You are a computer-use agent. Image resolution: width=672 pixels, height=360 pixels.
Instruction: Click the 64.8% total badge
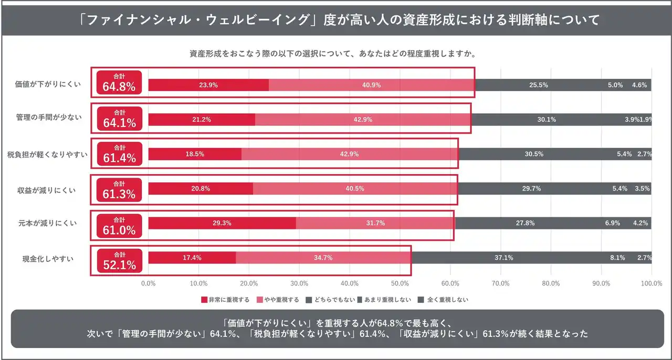click(119, 82)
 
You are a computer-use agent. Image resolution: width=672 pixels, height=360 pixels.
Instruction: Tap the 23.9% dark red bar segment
click(208, 85)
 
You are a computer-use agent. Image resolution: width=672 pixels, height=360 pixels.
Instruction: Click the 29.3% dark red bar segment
click(222, 223)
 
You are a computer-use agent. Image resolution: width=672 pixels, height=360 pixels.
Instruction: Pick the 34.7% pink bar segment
click(323, 258)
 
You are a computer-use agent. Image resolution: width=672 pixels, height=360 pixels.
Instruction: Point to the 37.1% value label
click(503, 258)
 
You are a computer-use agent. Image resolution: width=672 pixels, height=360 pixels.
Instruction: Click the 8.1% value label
click(617, 258)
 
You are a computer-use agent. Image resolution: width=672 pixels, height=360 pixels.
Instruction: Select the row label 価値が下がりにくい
click(48, 84)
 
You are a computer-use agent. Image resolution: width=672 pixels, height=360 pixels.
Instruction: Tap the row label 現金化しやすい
click(48, 258)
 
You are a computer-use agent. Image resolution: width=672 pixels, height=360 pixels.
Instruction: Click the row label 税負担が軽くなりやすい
click(47, 154)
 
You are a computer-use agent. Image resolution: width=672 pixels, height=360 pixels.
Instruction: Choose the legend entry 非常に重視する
click(225, 300)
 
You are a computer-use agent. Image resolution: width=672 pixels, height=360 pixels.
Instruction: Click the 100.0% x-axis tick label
click(651, 283)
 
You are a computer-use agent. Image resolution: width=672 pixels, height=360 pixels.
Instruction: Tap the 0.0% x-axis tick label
click(149, 283)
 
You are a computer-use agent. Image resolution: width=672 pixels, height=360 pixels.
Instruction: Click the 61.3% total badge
click(119, 190)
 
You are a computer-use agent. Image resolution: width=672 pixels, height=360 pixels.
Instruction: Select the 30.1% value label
click(547, 120)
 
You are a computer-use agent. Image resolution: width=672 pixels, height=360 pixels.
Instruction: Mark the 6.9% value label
click(613, 223)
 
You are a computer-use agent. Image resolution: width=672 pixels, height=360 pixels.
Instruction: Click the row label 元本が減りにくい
click(48, 224)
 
